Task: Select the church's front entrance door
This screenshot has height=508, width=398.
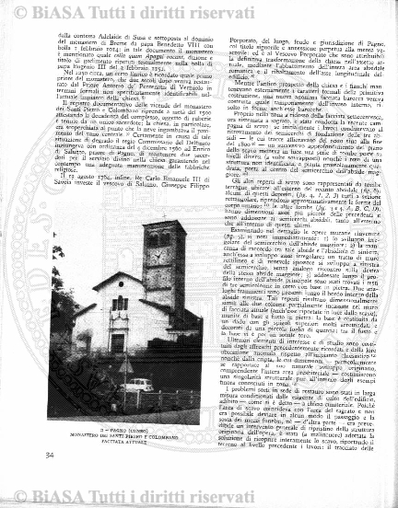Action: coord(118,343)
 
